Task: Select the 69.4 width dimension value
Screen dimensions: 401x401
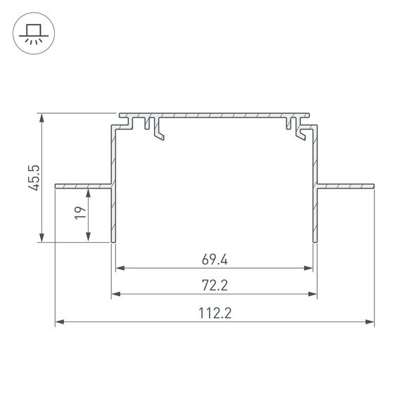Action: click(214, 259)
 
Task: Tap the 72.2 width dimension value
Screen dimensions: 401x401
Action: click(214, 286)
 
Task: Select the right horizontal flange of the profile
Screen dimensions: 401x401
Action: click(345, 186)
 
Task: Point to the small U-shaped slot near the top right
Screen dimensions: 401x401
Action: click(288, 126)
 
